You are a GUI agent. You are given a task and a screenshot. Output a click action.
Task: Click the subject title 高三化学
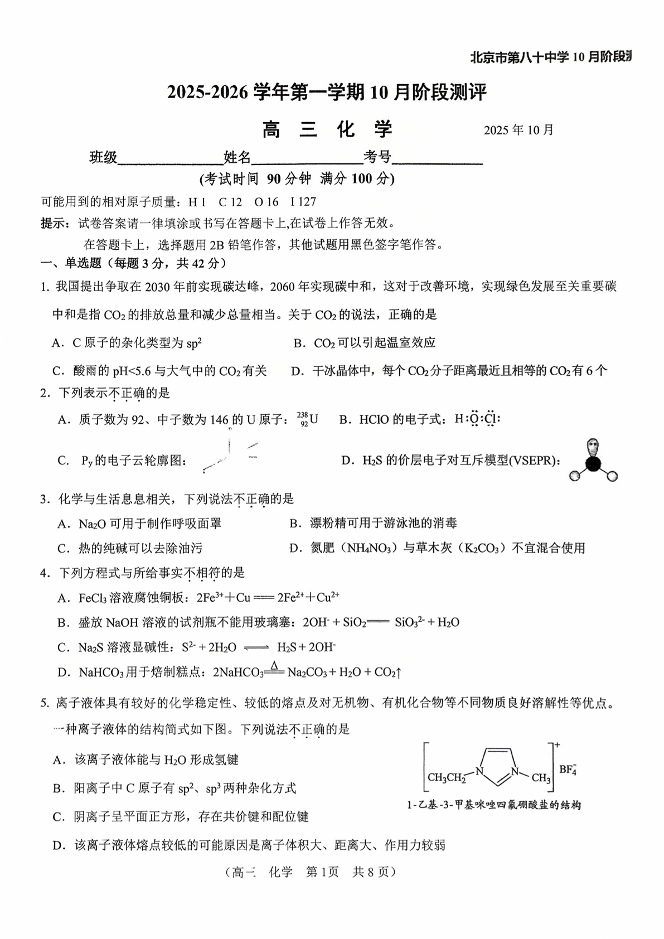pos(328,129)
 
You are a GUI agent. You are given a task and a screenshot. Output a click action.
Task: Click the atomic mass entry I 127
pos(303,202)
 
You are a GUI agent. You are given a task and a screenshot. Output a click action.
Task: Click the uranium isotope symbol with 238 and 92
pos(308,419)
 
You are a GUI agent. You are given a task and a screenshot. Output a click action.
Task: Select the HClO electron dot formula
pos(477,419)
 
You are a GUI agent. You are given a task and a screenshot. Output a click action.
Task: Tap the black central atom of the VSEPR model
pos(593,464)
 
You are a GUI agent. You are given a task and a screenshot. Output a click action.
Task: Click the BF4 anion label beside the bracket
pos(568,770)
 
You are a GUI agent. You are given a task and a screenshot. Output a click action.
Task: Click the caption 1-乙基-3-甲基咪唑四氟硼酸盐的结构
pos(494,805)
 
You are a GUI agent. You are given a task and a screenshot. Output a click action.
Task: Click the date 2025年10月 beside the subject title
pos(518,130)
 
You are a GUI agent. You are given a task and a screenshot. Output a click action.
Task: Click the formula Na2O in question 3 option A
pos(89,524)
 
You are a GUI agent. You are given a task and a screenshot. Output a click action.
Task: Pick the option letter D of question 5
pos(57,845)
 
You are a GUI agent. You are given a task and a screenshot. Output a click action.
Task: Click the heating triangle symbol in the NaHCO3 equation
pos(274,665)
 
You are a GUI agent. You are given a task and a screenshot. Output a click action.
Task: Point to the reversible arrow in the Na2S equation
pos(256,648)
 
